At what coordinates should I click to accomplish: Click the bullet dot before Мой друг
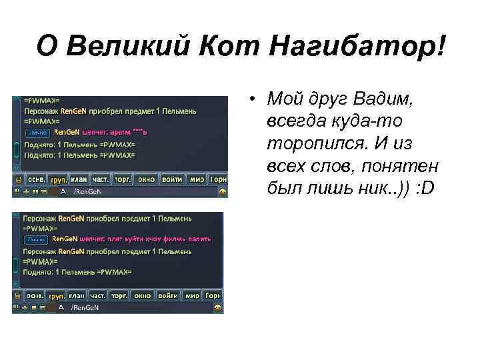point(254,101)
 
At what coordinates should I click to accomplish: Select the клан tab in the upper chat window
point(79,179)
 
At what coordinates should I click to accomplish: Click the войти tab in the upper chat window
point(172,179)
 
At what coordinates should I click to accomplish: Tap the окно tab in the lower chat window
point(142,295)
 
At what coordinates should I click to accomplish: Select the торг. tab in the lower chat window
point(119,295)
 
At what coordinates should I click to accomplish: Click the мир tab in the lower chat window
point(193,295)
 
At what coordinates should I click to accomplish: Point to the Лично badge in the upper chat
point(37,132)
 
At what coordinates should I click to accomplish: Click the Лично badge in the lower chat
point(36,239)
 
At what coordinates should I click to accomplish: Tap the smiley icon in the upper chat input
point(222,191)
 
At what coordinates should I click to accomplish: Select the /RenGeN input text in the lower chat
point(85,307)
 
